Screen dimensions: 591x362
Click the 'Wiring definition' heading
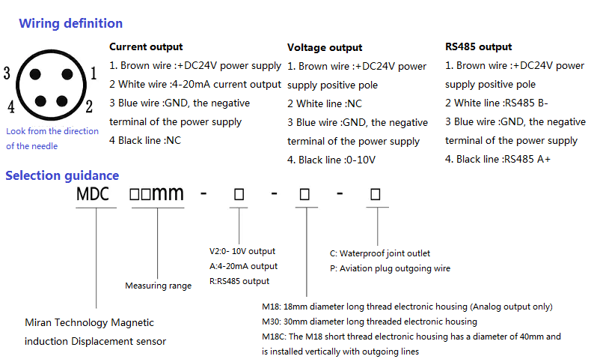click(x=71, y=23)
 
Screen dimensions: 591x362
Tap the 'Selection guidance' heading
click(x=62, y=175)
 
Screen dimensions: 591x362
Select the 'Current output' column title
click(x=146, y=46)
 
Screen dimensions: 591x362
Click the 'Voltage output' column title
click(x=325, y=47)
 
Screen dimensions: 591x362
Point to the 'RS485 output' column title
click(x=478, y=46)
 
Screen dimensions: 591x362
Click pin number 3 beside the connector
click(x=7, y=73)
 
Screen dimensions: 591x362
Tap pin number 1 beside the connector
click(x=94, y=73)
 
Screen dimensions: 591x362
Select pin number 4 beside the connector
click(x=11, y=106)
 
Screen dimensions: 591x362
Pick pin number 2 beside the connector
click(x=89, y=106)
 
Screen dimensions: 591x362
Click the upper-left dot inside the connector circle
click(x=35, y=74)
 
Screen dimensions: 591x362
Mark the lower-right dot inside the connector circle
click(x=62, y=101)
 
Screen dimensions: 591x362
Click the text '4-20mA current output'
click(x=227, y=84)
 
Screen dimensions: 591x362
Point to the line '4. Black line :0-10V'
click(x=331, y=160)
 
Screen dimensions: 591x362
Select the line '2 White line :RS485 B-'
click(x=497, y=103)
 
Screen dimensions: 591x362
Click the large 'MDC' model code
click(x=93, y=194)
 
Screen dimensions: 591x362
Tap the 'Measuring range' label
click(x=159, y=286)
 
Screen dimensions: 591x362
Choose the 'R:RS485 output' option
click(x=239, y=281)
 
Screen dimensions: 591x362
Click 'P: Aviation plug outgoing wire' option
click(x=390, y=268)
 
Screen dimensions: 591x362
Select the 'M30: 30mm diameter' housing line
click(x=370, y=322)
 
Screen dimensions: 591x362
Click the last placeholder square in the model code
click(x=376, y=194)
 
